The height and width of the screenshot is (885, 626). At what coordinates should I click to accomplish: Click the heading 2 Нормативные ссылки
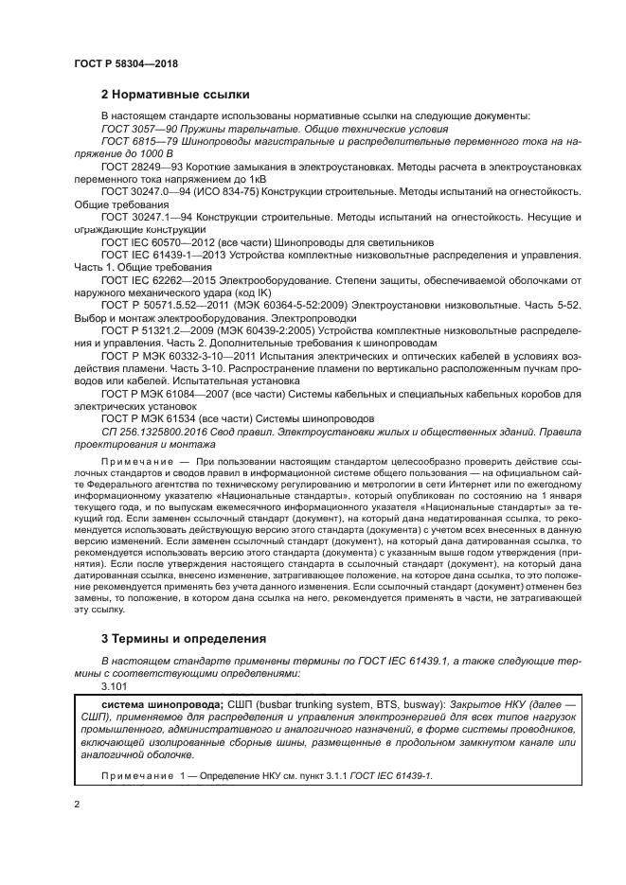click(x=175, y=95)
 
